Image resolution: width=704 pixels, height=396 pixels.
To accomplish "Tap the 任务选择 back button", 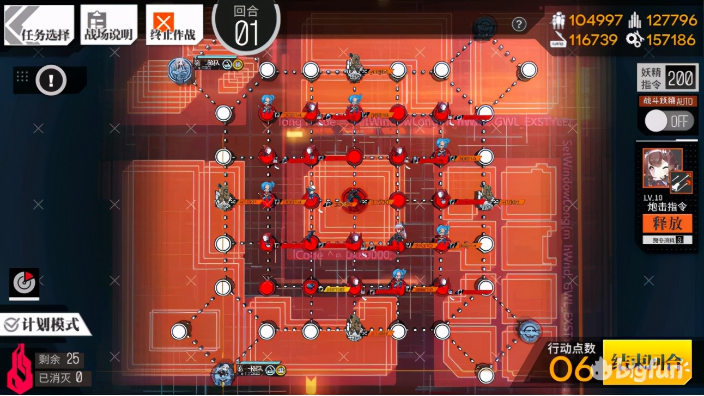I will click(39, 26).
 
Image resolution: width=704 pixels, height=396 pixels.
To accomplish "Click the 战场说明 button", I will click(108, 26).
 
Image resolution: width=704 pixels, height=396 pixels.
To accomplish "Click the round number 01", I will click(246, 33).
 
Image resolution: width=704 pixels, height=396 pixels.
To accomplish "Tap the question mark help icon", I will click(519, 24).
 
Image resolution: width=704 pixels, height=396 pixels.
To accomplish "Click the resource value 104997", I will click(596, 21).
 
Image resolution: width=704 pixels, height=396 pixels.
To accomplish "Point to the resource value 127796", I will click(671, 21).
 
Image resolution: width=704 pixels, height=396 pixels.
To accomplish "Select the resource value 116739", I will click(593, 40).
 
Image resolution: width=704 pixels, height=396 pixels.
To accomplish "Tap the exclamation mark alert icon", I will click(51, 81).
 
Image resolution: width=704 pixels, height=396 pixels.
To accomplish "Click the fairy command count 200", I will click(681, 79).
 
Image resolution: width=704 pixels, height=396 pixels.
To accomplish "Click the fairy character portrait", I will click(662, 167).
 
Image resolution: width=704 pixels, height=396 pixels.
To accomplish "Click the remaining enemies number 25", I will click(73, 359).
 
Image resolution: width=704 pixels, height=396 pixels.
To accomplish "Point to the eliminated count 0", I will click(79, 376).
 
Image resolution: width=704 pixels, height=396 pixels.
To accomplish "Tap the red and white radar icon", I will click(24, 282).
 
